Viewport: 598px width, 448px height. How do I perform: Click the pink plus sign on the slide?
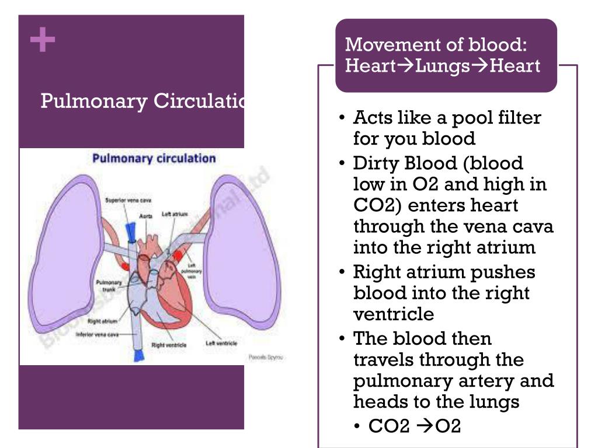pyautogui.click(x=43, y=41)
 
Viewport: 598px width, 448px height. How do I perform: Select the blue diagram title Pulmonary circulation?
pyautogui.click(x=154, y=158)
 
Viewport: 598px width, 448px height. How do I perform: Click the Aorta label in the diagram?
pyautogui.click(x=146, y=216)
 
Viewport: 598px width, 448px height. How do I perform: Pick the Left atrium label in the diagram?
pyautogui.click(x=175, y=214)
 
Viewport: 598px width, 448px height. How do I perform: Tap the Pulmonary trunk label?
pyautogui.click(x=109, y=285)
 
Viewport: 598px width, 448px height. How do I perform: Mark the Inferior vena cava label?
pyautogui.click(x=98, y=335)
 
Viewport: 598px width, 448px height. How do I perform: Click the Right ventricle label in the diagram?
pyautogui.click(x=169, y=345)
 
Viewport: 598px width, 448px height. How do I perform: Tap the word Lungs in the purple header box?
pyautogui.click(x=443, y=66)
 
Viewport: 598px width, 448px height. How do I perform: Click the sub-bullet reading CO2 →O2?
pyautogui.click(x=415, y=426)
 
